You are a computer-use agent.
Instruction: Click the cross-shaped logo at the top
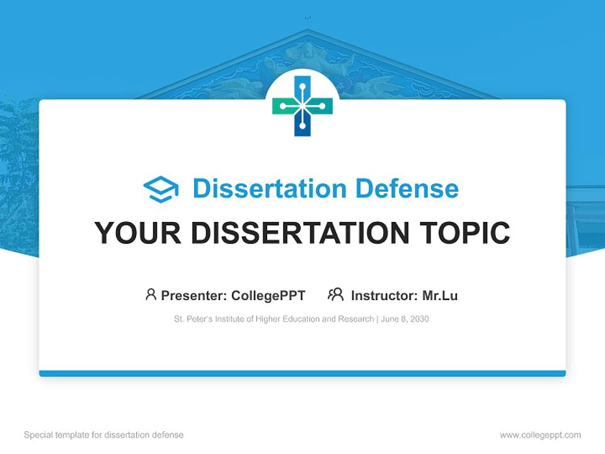(x=302, y=106)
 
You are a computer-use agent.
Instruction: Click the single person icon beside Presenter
(x=151, y=294)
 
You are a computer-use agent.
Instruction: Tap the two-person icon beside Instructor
(x=335, y=294)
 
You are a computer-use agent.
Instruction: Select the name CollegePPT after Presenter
(x=268, y=295)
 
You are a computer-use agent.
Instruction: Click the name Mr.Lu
(x=440, y=295)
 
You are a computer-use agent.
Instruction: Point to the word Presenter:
(x=194, y=295)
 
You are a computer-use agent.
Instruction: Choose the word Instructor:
(x=384, y=295)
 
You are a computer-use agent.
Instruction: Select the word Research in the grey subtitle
(x=357, y=319)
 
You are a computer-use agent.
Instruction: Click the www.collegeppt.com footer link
(x=540, y=435)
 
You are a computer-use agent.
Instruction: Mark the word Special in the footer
(x=37, y=435)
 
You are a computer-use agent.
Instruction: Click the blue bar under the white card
(x=302, y=373)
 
